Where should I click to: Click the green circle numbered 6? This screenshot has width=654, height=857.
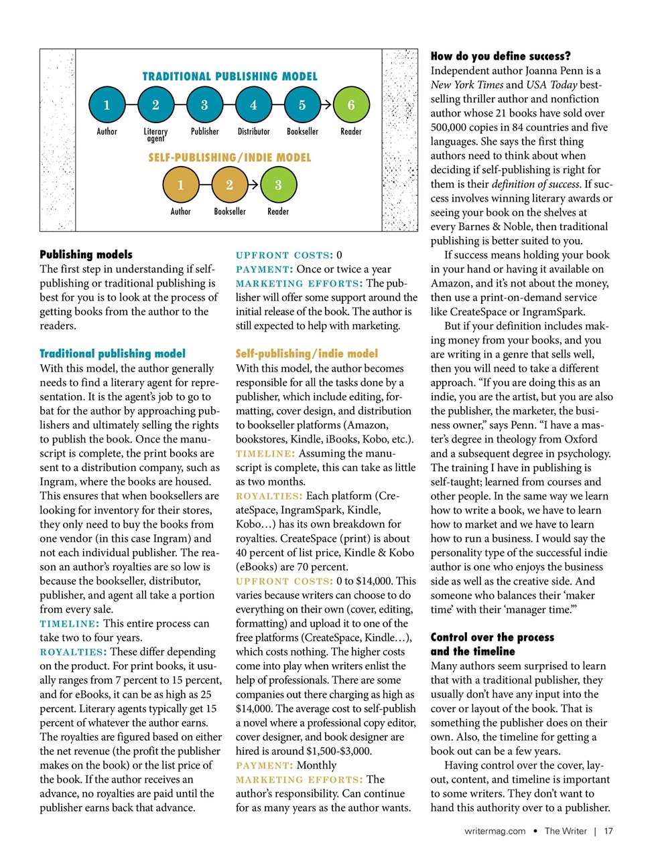350,105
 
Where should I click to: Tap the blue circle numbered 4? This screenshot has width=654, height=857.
253,105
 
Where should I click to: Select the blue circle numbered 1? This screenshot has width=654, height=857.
107,105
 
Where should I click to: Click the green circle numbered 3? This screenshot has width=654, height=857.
278,185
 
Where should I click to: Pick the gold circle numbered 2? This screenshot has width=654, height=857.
229,185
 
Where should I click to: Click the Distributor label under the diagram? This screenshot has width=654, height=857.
253,132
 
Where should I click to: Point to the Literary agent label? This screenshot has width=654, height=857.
155,135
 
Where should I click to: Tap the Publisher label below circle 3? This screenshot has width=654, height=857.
204,132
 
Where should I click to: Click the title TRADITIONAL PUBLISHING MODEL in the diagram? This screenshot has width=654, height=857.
230,76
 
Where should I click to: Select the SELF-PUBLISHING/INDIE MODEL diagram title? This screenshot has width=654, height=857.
230,158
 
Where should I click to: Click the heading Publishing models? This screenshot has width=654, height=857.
86,254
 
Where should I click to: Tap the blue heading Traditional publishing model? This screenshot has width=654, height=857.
113,354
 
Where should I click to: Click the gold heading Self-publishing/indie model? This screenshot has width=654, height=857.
306,354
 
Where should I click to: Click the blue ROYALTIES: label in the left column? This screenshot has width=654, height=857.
73,652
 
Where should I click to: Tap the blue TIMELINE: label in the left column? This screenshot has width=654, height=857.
69,624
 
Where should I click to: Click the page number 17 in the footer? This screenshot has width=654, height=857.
608,831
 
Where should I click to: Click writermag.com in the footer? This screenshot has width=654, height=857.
495,831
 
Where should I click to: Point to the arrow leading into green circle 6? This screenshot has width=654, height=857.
326,105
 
